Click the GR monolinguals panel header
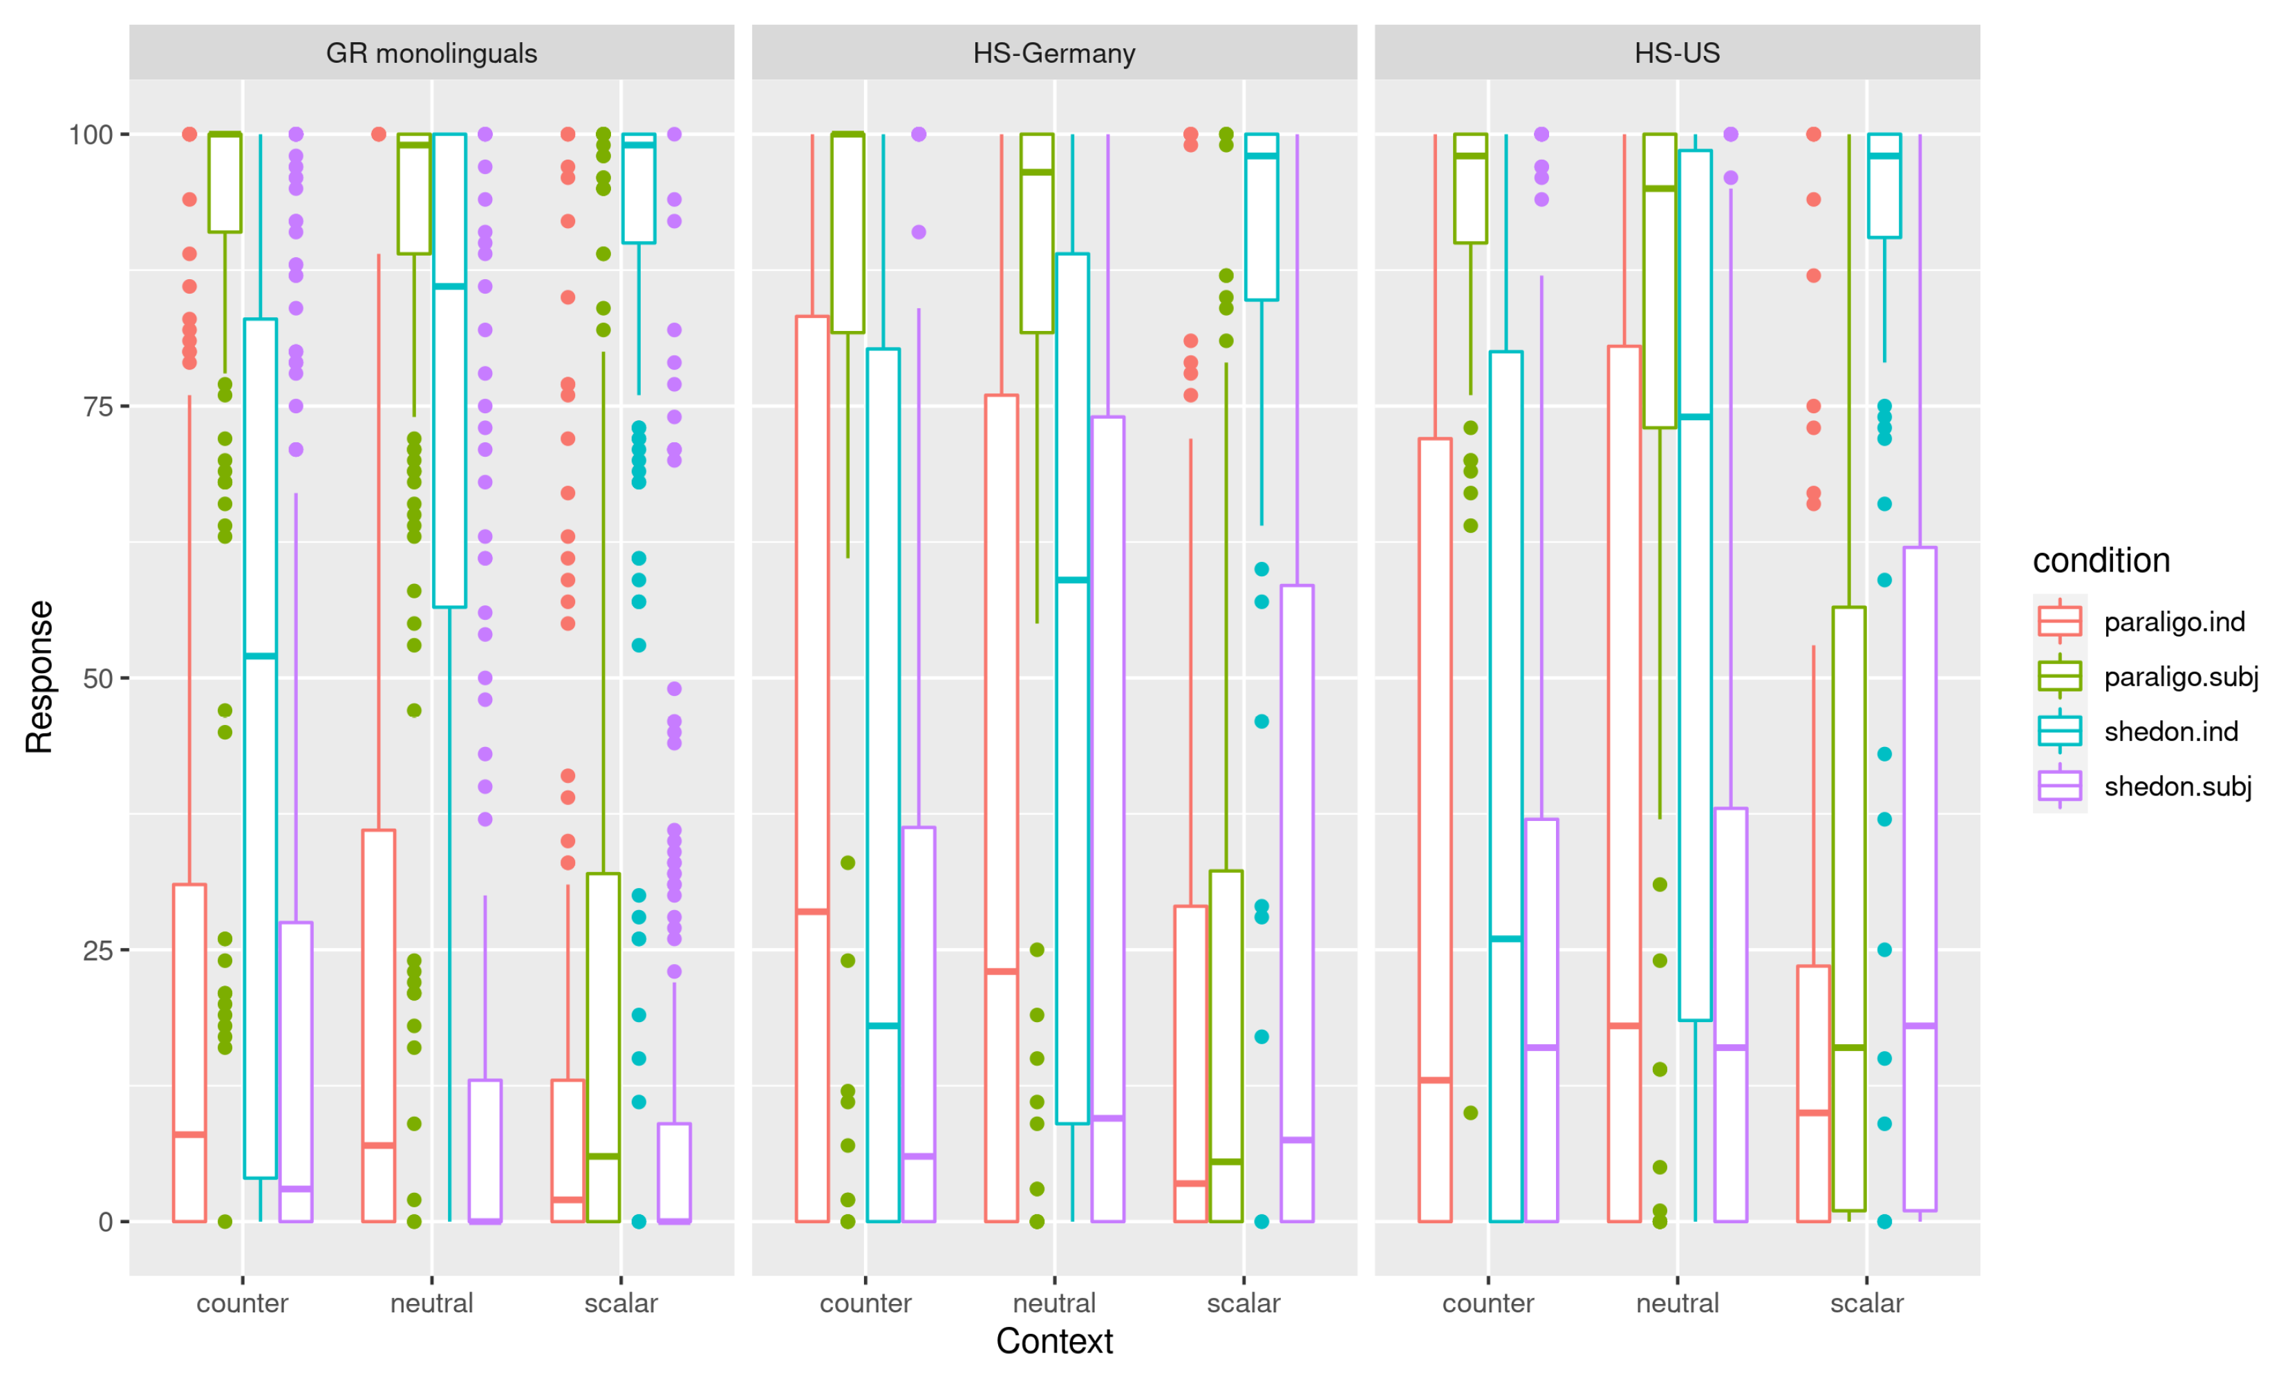pyautogui.click(x=431, y=53)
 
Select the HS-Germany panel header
pyautogui.click(x=1053, y=53)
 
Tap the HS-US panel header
pyautogui.click(x=1676, y=53)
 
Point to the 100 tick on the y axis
pyautogui.click(x=91, y=135)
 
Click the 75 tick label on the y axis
pyautogui.click(x=98, y=407)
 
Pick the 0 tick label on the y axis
pyautogui.click(x=106, y=1222)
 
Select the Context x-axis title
pyautogui.click(x=1053, y=1341)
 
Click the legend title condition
pyautogui.click(x=2101, y=560)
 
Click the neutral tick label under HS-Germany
pyautogui.click(x=1053, y=1303)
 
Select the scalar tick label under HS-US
pyautogui.click(x=1866, y=1303)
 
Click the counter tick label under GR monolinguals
pyautogui.click(x=243, y=1303)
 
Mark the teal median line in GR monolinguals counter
pyautogui.click(x=260, y=657)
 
